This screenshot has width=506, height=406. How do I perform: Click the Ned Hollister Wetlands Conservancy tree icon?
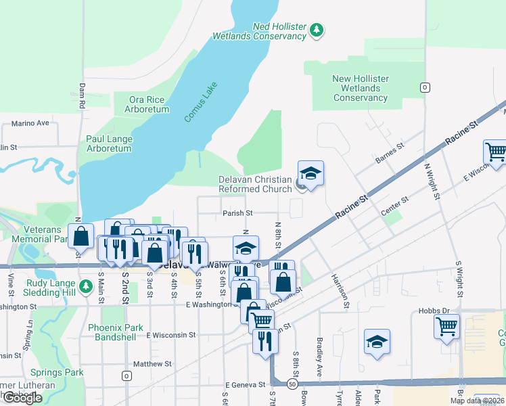316,30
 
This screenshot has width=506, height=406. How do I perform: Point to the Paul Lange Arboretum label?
109,143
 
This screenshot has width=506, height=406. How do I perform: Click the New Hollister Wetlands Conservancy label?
361,88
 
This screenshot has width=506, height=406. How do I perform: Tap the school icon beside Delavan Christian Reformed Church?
310,175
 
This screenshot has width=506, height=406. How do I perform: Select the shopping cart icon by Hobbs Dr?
446,327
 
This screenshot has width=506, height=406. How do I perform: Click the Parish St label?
237,212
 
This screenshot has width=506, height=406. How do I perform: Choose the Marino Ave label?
30,123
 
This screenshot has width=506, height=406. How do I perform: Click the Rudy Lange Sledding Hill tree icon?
85,287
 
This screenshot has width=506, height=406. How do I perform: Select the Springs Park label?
57,372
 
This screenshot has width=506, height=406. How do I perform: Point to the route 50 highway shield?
292,384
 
